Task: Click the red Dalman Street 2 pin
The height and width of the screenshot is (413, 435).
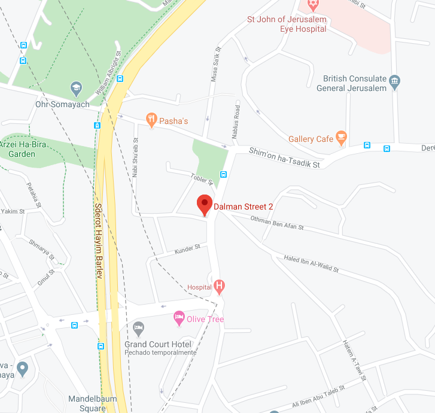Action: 205,204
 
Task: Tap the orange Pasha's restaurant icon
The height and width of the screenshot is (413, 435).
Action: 152,120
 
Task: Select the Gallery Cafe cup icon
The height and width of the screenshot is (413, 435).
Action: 341,138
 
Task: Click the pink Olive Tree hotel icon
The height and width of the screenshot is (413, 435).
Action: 178,318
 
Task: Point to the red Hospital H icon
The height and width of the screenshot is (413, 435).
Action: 220,287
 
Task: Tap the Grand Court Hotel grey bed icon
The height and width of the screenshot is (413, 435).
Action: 139,327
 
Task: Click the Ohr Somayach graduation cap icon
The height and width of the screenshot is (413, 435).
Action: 76,89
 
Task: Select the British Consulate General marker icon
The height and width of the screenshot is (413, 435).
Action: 394,82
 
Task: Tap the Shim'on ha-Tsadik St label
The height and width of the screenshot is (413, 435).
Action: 285,157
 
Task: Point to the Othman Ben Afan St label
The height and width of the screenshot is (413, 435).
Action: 278,223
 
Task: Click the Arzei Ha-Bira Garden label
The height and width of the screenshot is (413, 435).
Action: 17,149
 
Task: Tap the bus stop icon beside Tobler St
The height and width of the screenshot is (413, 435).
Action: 223,174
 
